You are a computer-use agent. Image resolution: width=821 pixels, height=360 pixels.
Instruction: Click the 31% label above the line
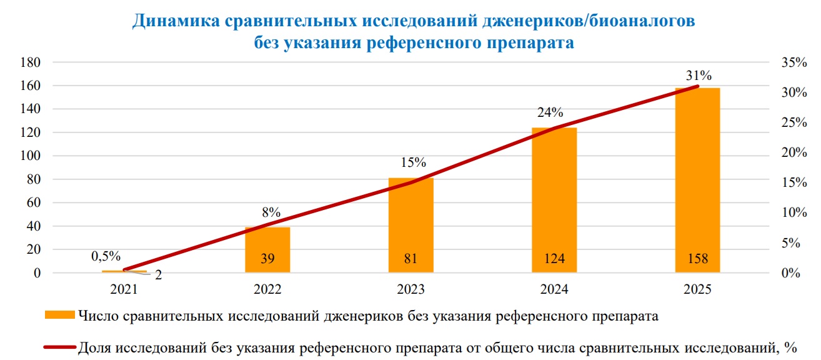pos(698,76)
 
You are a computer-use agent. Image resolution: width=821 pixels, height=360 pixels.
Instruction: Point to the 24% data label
pos(550,113)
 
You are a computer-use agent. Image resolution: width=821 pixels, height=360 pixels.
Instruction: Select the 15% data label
pos(413,162)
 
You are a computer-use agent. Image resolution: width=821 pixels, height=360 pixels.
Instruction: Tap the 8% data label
pos(271,211)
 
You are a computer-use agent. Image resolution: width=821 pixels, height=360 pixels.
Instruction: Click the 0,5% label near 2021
pos(106,256)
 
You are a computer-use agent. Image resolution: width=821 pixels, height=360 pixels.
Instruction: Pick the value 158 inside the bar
pos(697,259)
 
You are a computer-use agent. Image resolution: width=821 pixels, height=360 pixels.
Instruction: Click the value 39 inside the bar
pos(267,259)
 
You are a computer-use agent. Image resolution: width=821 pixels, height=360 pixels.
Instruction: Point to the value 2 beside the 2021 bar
pos(159,275)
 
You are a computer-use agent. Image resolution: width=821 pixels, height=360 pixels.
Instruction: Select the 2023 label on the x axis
pos(410,290)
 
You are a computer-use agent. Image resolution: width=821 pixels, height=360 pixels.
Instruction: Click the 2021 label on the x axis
pos(124,290)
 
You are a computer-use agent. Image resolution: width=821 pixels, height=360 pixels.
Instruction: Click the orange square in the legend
pos(59,316)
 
